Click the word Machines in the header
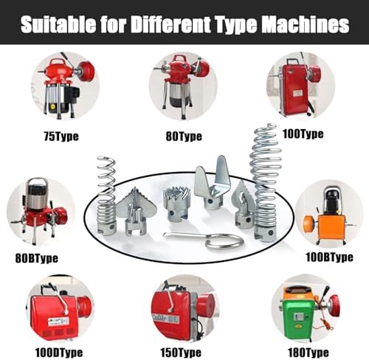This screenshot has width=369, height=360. pos(305,24)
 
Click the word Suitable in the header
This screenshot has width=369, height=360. pos(58,24)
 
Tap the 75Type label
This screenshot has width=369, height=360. pos(61,136)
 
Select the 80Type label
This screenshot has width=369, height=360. pos(184,136)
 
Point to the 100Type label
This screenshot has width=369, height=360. pos(303,134)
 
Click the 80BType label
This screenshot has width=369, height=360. pos(37,258)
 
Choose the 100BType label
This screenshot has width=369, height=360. pos(329,257)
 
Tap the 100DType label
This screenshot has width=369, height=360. pos(59,353)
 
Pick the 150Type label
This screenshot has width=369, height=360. pos(181,353)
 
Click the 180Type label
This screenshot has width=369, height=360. pos(308,353)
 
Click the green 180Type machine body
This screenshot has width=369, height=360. pos(298,319)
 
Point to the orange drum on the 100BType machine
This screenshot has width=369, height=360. pos(309,223)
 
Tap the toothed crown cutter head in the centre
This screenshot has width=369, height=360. pos(176,204)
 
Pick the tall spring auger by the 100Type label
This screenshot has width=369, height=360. pos(266,182)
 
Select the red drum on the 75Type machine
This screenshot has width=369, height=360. pos(86,71)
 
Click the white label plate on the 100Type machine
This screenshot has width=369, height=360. pos(298,94)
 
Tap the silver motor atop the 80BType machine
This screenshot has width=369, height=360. pos(37,194)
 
